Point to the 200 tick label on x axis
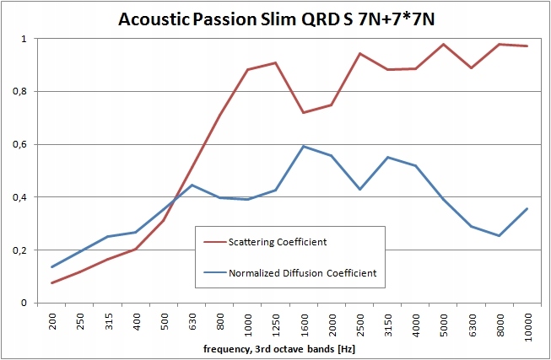coord(52,322)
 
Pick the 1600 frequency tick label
coord(304,325)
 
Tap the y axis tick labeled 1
coord(25,39)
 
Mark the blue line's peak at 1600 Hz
coord(304,146)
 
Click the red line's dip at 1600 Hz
coord(304,113)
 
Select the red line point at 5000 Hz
coord(443,44)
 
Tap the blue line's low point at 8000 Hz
coord(499,236)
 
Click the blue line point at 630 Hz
coord(192,185)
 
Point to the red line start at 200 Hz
coord(52,283)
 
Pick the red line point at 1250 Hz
coord(276,62)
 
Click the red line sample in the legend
coord(214,243)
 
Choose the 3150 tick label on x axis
coord(387,325)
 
